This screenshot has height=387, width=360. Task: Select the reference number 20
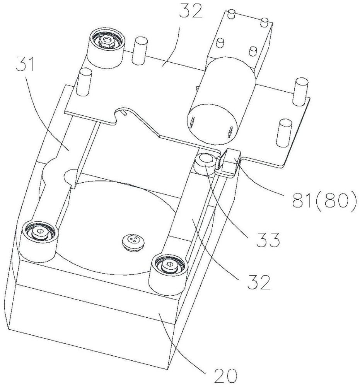click(x=225, y=376)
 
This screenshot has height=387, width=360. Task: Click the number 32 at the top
click(x=190, y=10)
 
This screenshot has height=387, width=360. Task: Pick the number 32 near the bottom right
click(x=259, y=282)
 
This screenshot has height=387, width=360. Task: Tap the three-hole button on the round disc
click(x=133, y=241)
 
